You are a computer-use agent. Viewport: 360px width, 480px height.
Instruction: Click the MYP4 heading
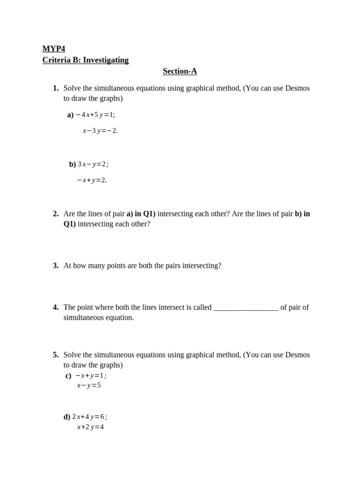(x=53, y=49)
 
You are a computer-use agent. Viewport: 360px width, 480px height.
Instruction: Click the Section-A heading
(x=180, y=71)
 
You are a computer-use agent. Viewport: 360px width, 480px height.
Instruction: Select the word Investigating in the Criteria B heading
(x=105, y=60)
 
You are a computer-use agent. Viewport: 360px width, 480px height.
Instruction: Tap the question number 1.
(x=56, y=88)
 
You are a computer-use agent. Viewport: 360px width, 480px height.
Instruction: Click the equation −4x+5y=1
(x=95, y=115)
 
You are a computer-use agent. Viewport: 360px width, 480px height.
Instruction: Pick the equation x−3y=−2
(x=100, y=131)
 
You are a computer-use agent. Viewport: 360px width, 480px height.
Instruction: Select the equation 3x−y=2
(x=93, y=164)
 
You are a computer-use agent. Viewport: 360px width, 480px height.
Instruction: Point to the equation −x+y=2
(x=92, y=180)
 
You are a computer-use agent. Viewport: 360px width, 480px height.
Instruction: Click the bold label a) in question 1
(x=70, y=115)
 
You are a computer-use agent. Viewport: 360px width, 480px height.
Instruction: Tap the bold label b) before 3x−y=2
(x=72, y=164)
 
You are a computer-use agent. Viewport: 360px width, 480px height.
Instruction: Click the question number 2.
(x=56, y=214)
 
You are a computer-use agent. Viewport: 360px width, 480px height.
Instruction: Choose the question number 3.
(x=56, y=266)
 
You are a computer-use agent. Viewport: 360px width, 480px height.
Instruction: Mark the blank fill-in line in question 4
(x=246, y=308)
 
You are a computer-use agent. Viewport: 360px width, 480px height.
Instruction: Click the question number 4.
(x=56, y=307)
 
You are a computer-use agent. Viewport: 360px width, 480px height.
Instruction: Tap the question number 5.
(x=56, y=355)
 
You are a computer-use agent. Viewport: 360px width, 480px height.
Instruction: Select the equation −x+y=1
(x=91, y=375)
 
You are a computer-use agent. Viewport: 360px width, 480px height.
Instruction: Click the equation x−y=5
(x=89, y=385)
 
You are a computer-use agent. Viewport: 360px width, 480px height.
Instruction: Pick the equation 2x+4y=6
(x=89, y=417)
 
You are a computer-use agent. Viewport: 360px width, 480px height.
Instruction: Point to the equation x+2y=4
(x=90, y=427)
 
